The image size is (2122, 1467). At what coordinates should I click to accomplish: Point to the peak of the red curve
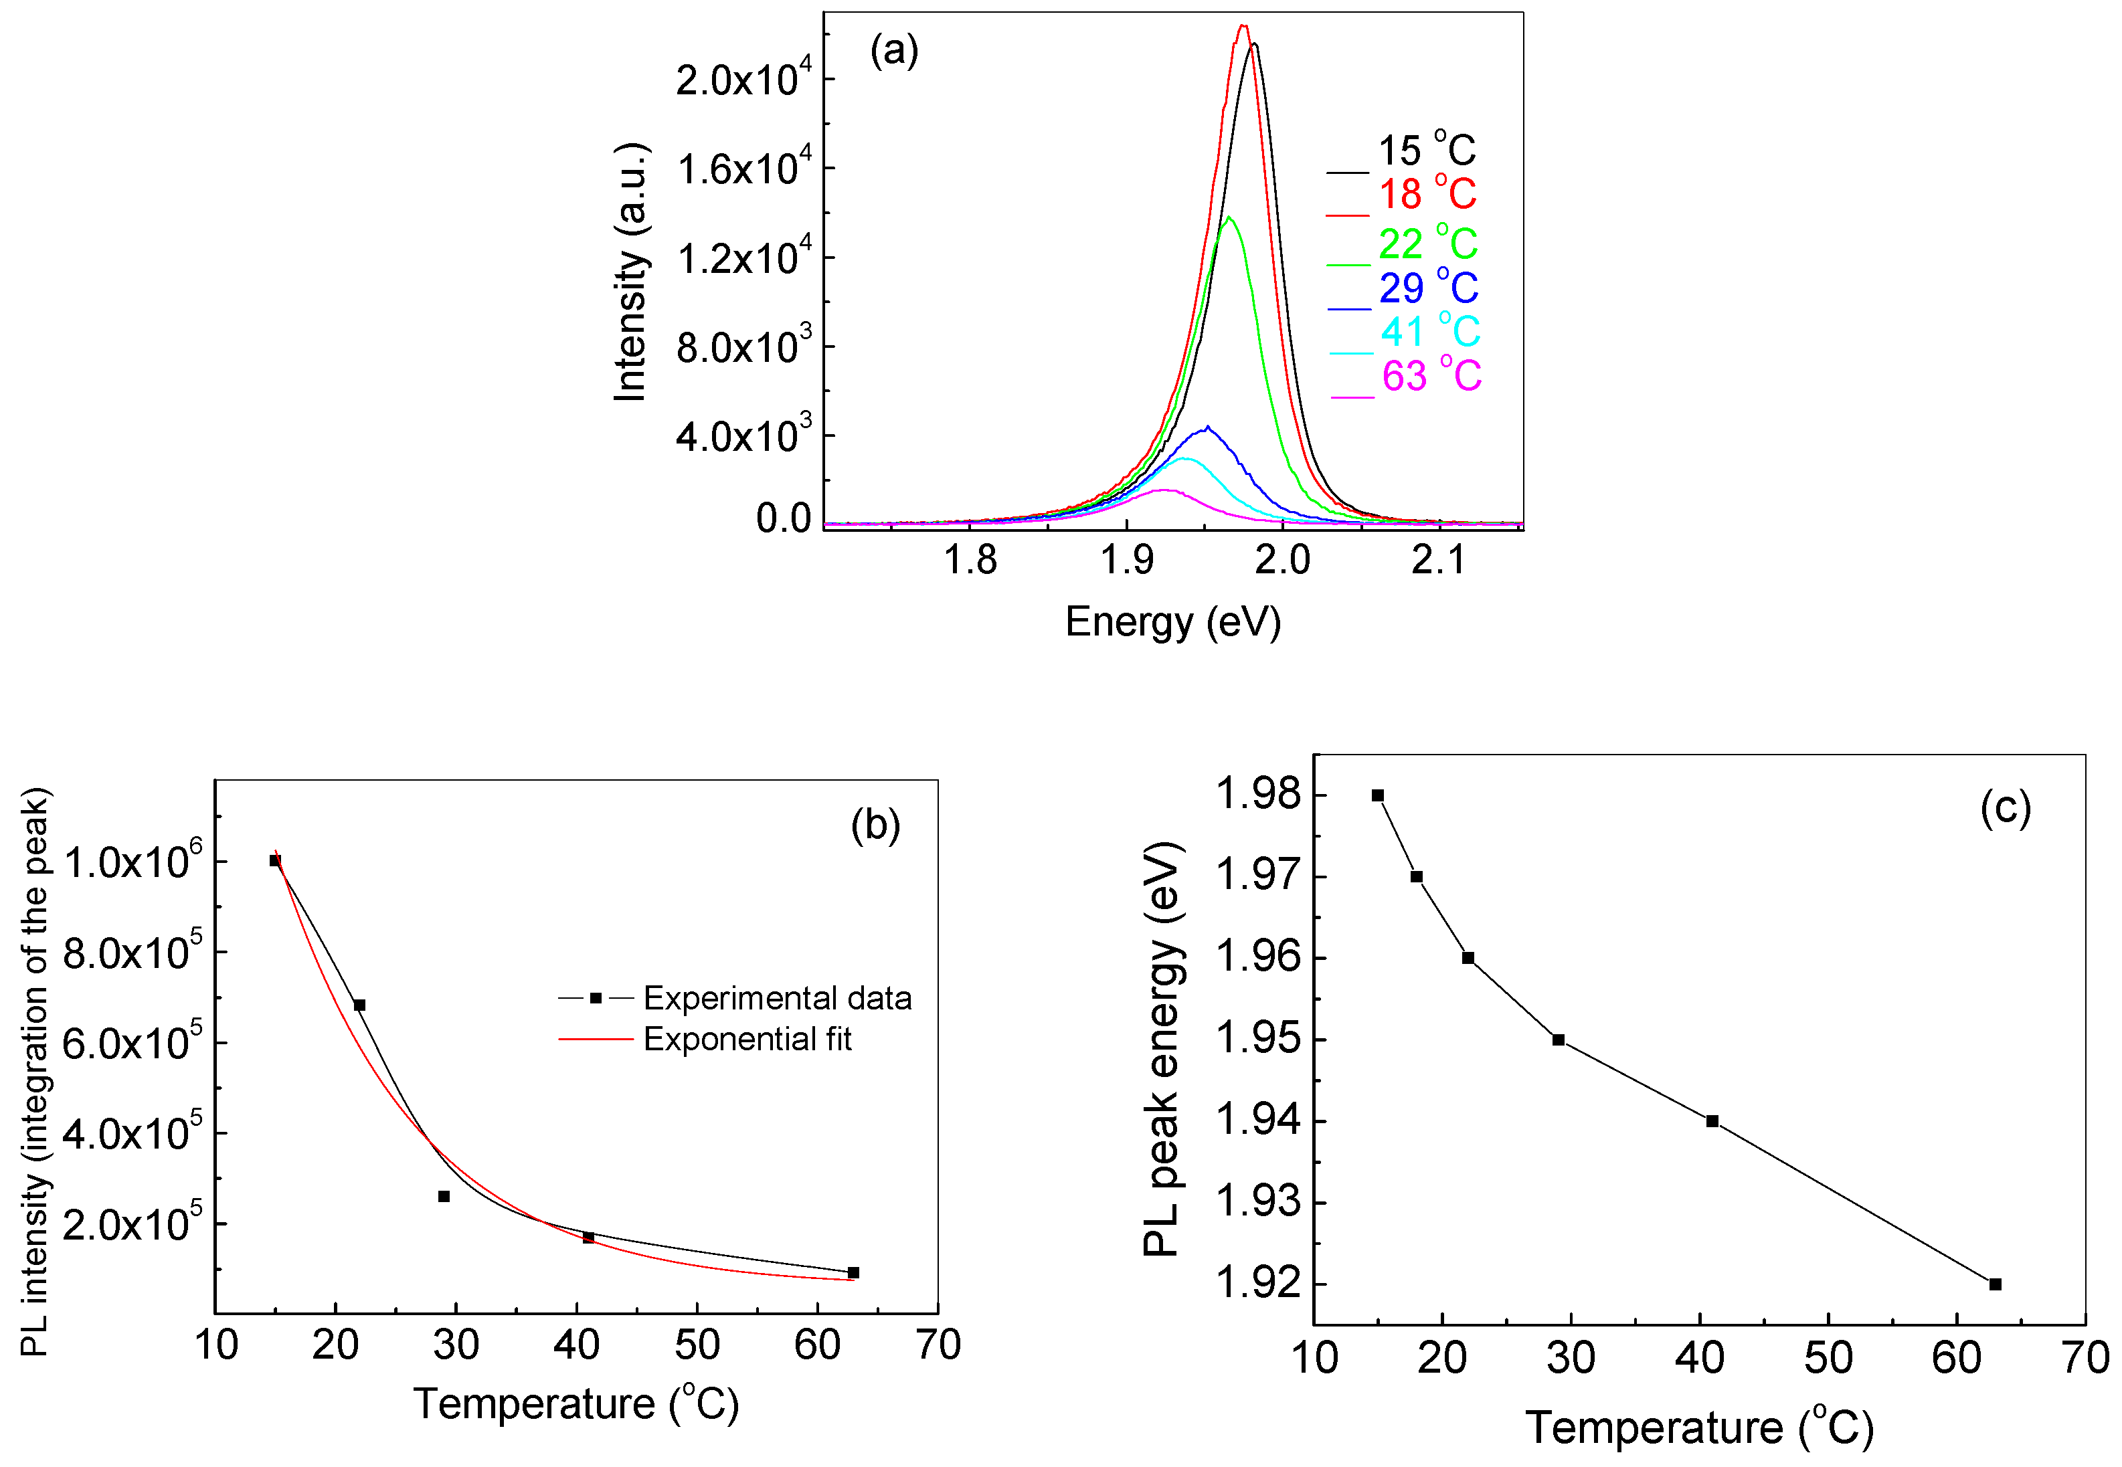click(x=1243, y=25)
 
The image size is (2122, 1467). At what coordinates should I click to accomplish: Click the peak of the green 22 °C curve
click(x=1229, y=218)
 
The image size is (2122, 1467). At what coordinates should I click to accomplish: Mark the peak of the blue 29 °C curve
click(x=1207, y=427)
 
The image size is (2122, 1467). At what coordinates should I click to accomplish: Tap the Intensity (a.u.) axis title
click(x=631, y=272)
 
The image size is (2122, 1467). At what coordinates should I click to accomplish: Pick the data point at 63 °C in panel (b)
click(x=853, y=1272)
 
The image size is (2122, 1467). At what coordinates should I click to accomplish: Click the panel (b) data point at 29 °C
click(x=444, y=1196)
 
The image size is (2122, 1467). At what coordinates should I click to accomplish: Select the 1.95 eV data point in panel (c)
click(x=1559, y=1040)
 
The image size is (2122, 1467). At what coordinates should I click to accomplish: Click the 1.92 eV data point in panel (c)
click(x=1995, y=1284)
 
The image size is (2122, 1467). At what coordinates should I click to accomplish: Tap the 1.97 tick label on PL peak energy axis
click(x=1258, y=875)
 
